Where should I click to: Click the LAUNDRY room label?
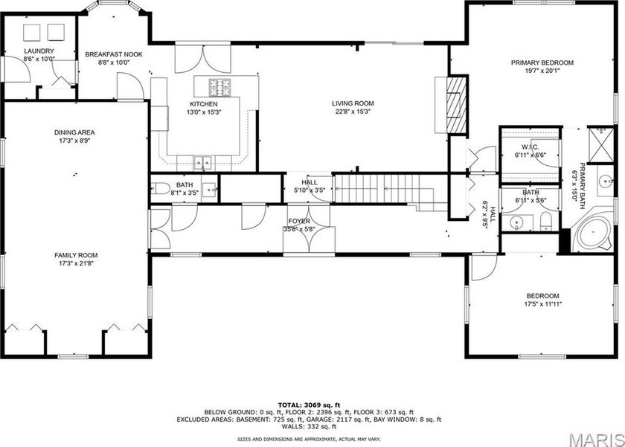(x=39, y=51)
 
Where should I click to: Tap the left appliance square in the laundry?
(x=32, y=32)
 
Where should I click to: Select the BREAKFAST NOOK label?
(x=113, y=54)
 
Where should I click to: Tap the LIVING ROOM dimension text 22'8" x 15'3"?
(x=352, y=112)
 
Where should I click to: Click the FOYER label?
(x=299, y=221)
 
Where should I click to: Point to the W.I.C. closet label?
(x=530, y=147)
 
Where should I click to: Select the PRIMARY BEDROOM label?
(x=542, y=62)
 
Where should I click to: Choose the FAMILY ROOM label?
(x=73, y=254)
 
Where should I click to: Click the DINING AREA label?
(x=74, y=132)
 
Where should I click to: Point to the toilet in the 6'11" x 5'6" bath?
(x=545, y=219)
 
